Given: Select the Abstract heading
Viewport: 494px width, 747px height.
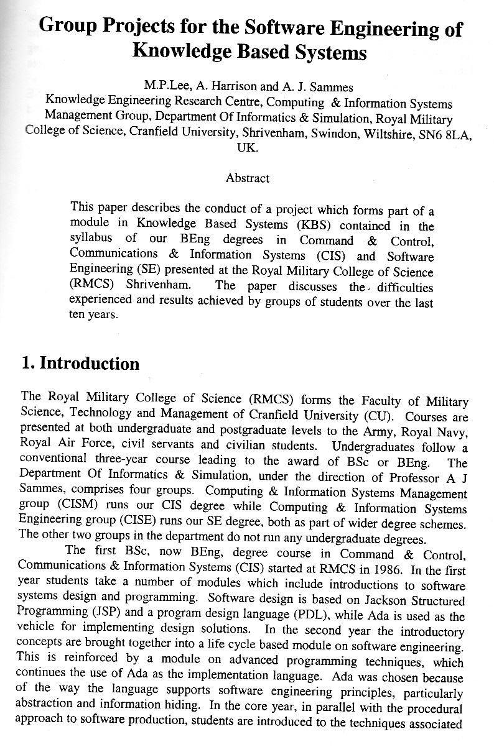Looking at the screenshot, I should [x=247, y=178].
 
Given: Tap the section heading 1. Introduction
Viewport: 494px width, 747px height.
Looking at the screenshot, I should [x=80, y=363].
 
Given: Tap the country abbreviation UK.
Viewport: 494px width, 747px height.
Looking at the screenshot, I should [x=247, y=148].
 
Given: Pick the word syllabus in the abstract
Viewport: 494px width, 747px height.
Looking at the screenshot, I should [x=91, y=239].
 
